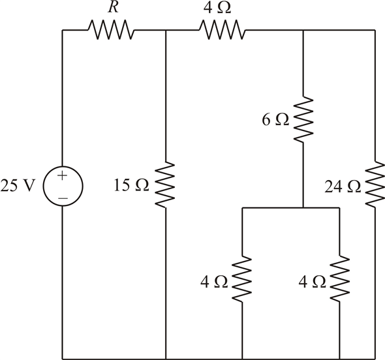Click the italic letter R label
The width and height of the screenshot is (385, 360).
(113, 7)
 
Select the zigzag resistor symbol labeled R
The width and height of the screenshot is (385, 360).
(111, 30)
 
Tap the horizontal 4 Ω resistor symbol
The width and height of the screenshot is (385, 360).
(223, 30)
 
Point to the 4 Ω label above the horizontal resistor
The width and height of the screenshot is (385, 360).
(217, 8)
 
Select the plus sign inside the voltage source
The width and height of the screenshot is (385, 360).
(63, 175)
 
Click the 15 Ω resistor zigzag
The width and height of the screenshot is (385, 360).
(165, 185)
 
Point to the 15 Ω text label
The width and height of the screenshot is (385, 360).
(131, 185)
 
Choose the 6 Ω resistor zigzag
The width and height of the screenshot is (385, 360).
(303, 119)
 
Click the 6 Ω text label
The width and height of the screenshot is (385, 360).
(275, 120)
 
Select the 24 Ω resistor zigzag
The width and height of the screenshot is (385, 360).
(375, 185)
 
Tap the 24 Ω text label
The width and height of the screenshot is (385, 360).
(343, 187)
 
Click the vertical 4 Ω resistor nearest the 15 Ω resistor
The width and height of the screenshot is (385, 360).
(242, 278)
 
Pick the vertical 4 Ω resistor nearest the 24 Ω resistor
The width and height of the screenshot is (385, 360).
(340, 278)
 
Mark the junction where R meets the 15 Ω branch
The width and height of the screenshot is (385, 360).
(166, 30)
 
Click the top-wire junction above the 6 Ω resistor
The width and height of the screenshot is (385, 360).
(303, 30)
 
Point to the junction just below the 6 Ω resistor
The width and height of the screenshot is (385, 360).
(303, 208)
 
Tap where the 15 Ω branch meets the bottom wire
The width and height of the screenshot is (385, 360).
(166, 359)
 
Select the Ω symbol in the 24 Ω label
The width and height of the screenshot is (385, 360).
(354, 187)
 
